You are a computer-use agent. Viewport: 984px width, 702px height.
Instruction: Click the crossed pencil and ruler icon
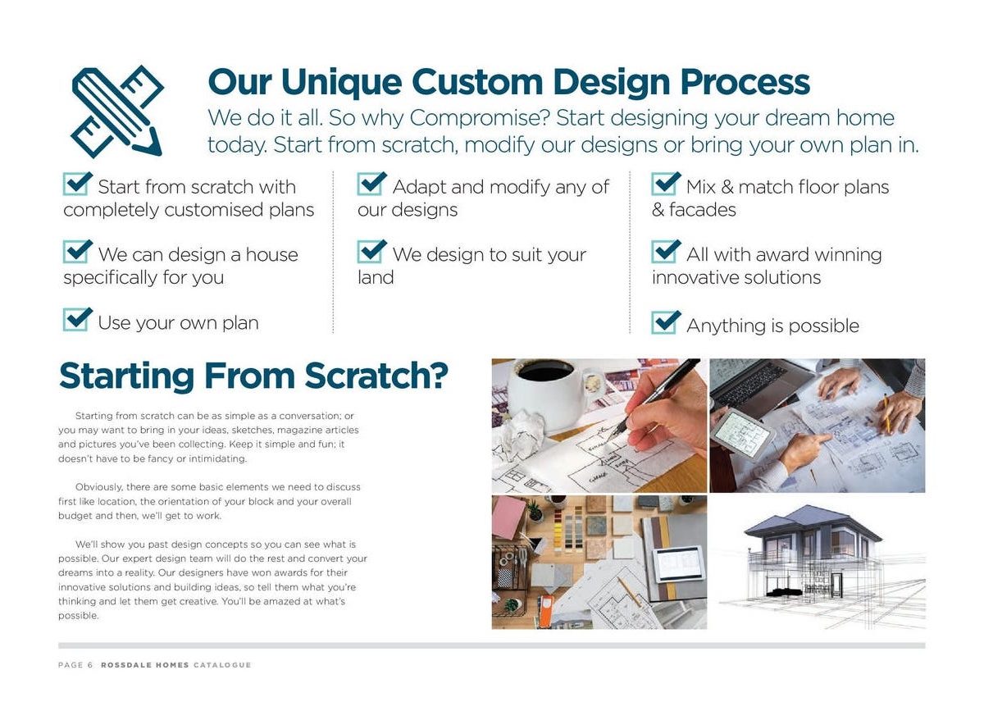117,112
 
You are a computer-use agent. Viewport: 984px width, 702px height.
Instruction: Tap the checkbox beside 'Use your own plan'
77,319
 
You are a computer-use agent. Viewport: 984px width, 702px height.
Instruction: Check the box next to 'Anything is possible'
666,322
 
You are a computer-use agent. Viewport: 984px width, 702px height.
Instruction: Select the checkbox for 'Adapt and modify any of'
371,184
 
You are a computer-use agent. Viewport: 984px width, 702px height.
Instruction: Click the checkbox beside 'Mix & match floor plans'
666,184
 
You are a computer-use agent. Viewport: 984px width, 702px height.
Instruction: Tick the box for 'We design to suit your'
371,251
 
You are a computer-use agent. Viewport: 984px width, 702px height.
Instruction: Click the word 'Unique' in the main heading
342,83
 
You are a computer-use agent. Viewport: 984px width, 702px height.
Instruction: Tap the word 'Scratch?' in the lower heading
376,376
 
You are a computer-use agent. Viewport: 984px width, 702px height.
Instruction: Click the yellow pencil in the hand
886,413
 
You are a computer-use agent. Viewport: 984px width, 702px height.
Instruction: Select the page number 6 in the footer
90,665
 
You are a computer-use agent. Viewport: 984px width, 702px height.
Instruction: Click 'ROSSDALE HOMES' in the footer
145,665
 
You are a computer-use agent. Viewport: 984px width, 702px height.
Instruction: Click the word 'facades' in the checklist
703,210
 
